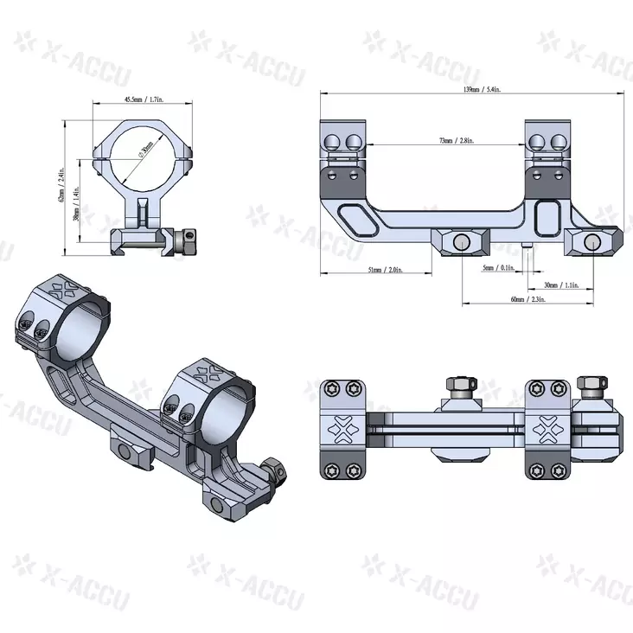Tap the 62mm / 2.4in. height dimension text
coord(62,185)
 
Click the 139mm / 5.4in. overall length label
coord(471,90)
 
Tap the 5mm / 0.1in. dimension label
coord(499,268)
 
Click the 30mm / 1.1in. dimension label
coord(563,285)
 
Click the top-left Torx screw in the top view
coord(331,390)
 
